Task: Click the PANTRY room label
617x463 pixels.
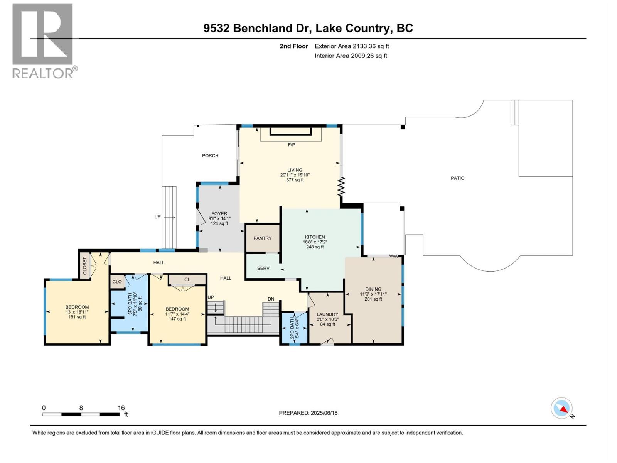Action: tap(262, 238)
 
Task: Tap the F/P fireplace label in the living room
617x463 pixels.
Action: tap(292, 145)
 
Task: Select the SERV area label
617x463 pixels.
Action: tap(263, 268)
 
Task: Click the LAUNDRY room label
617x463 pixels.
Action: tap(327, 314)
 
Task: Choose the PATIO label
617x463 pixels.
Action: tap(457, 178)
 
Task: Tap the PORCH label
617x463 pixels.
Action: tap(210, 156)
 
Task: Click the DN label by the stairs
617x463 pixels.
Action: tap(271, 299)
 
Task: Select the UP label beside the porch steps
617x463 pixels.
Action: tap(157, 217)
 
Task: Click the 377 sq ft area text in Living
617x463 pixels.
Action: tap(295, 180)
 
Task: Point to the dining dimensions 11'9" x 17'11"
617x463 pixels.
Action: tap(373, 294)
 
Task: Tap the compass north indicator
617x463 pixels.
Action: tap(562, 409)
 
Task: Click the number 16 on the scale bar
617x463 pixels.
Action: tap(121, 408)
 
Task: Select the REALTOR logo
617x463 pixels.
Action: tap(43, 41)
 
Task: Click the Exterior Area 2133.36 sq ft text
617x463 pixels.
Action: tap(351, 46)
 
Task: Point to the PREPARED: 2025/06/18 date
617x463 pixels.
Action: tap(308, 413)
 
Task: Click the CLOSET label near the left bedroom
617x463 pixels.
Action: tap(85, 266)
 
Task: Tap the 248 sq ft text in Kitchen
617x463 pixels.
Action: tap(315, 247)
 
